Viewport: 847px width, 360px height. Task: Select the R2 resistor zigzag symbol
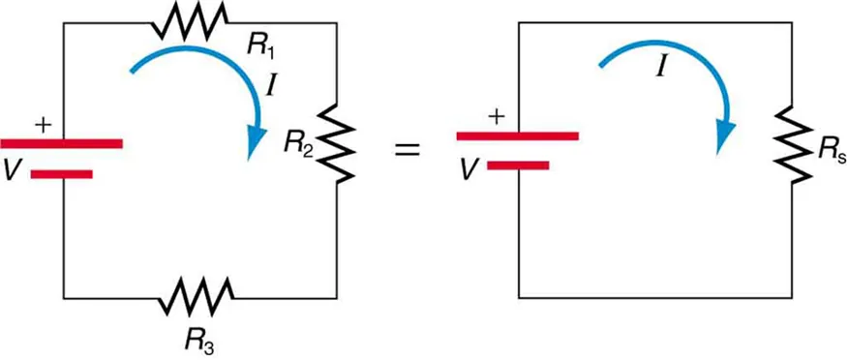[334, 142]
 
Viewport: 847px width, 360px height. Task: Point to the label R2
[298, 145]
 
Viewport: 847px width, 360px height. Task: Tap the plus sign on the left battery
[42, 124]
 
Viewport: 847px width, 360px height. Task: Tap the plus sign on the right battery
[497, 116]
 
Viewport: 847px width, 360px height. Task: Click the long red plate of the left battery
[63, 143]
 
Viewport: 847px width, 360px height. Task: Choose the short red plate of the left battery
[62, 175]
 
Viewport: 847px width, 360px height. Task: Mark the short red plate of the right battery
[518, 165]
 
